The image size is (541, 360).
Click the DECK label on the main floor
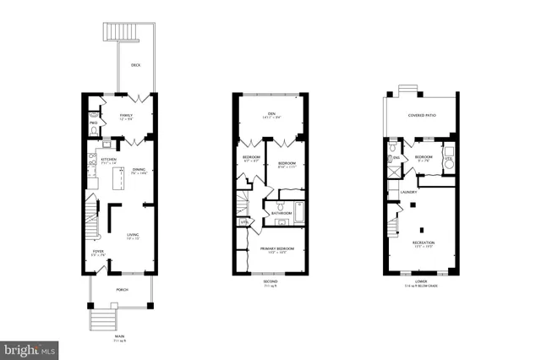pyautogui.click(x=135, y=66)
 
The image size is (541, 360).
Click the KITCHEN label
pyautogui.click(x=109, y=159)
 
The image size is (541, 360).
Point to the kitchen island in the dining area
pyautogui.click(x=119, y=177)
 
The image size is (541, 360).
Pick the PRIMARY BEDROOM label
pyautogui.click(x=273, y=248)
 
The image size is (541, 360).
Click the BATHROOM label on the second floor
pyautogui.click(x=281, y=213)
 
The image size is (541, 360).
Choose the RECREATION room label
pyautogui.click(x=424, y=243)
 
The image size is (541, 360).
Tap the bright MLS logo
pyautogui.click(x=30, y=348)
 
